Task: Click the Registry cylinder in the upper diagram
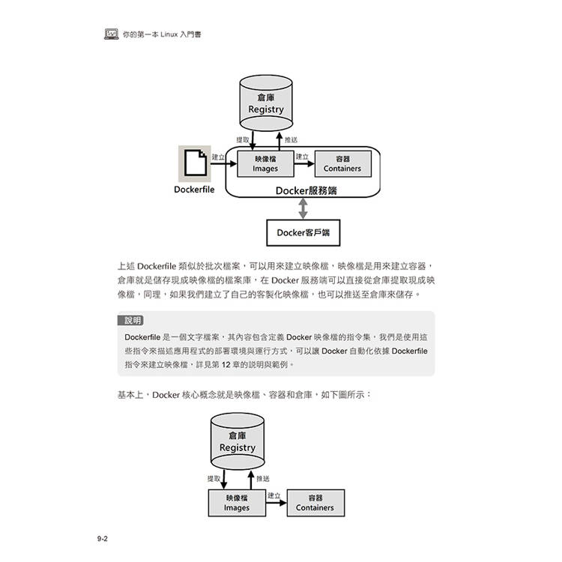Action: [x=266, y=103]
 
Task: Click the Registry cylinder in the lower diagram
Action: [x=238, y=441]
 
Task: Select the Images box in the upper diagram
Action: [x=265, y=164]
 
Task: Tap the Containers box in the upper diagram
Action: [x=343, y=164]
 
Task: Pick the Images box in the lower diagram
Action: [x=237, y=503]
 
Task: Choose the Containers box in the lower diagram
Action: [x=315, y=503]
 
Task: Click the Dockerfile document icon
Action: [x=195, y=163]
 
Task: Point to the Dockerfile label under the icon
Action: [x=194, y=190]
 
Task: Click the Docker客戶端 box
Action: [x=303, y=232]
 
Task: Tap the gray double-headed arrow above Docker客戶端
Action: [x=303, y=208]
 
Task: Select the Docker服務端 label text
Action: [x=306, y=190]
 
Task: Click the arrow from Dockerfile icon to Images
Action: [x=223, y=164]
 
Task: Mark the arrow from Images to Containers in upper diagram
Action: [x=304, y=164]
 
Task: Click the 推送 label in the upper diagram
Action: [x=291, y=140]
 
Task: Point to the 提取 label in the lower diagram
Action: [x=214, y=479]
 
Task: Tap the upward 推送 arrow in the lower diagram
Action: [x=251, y=480]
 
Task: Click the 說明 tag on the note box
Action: [x=131, y=321]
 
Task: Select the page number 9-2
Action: [x=102, y=539]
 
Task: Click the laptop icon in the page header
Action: [x=112, y=34]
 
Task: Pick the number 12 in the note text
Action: [x=226, y=365]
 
